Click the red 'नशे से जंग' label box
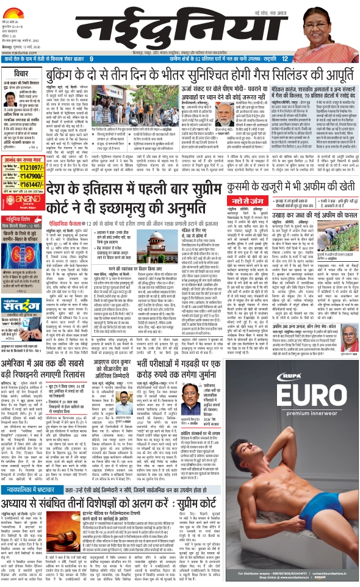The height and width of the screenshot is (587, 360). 240,200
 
